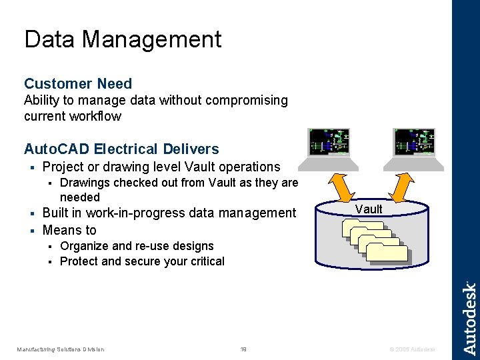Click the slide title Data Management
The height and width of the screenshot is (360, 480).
click(x=123, y=39)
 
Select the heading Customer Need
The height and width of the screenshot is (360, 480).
click(x=78, y=83)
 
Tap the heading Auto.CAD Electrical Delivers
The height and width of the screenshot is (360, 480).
click(x=121, y=149)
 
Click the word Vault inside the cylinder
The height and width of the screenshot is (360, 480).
click(x=369, y=209)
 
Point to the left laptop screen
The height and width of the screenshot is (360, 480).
click(x=329, y=142)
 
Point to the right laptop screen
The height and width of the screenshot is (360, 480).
click(x=415, y=142)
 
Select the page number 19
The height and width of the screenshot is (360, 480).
click(x=243, y=349)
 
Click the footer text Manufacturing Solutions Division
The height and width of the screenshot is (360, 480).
click(x=60, y=349)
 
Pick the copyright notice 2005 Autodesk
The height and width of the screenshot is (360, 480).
click(x=413, y=349)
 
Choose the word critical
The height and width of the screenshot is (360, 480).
click(x=205, y=261)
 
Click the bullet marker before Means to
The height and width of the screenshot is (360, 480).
click(x=32, y=231)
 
